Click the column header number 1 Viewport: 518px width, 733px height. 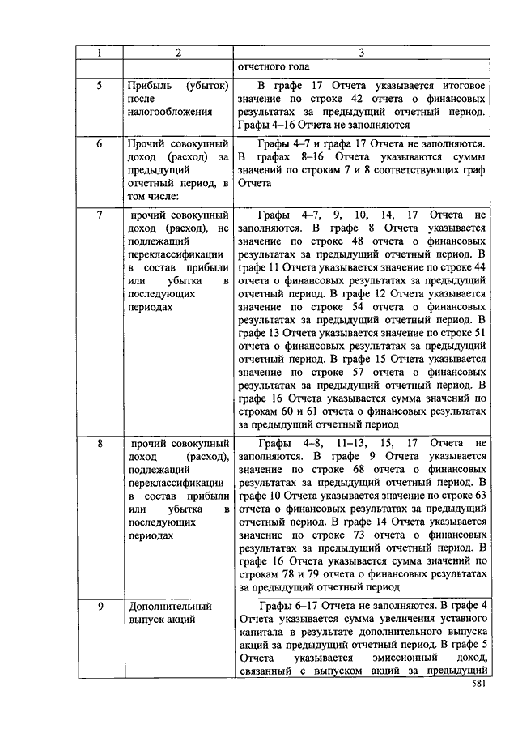click(99, 53)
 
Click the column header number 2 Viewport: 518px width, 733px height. click(177, 53)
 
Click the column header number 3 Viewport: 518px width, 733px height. click(362, 53)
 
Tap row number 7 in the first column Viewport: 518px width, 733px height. click(99, 215)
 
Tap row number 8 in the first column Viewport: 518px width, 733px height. click(99, 444)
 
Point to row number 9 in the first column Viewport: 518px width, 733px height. click(99, 606)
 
